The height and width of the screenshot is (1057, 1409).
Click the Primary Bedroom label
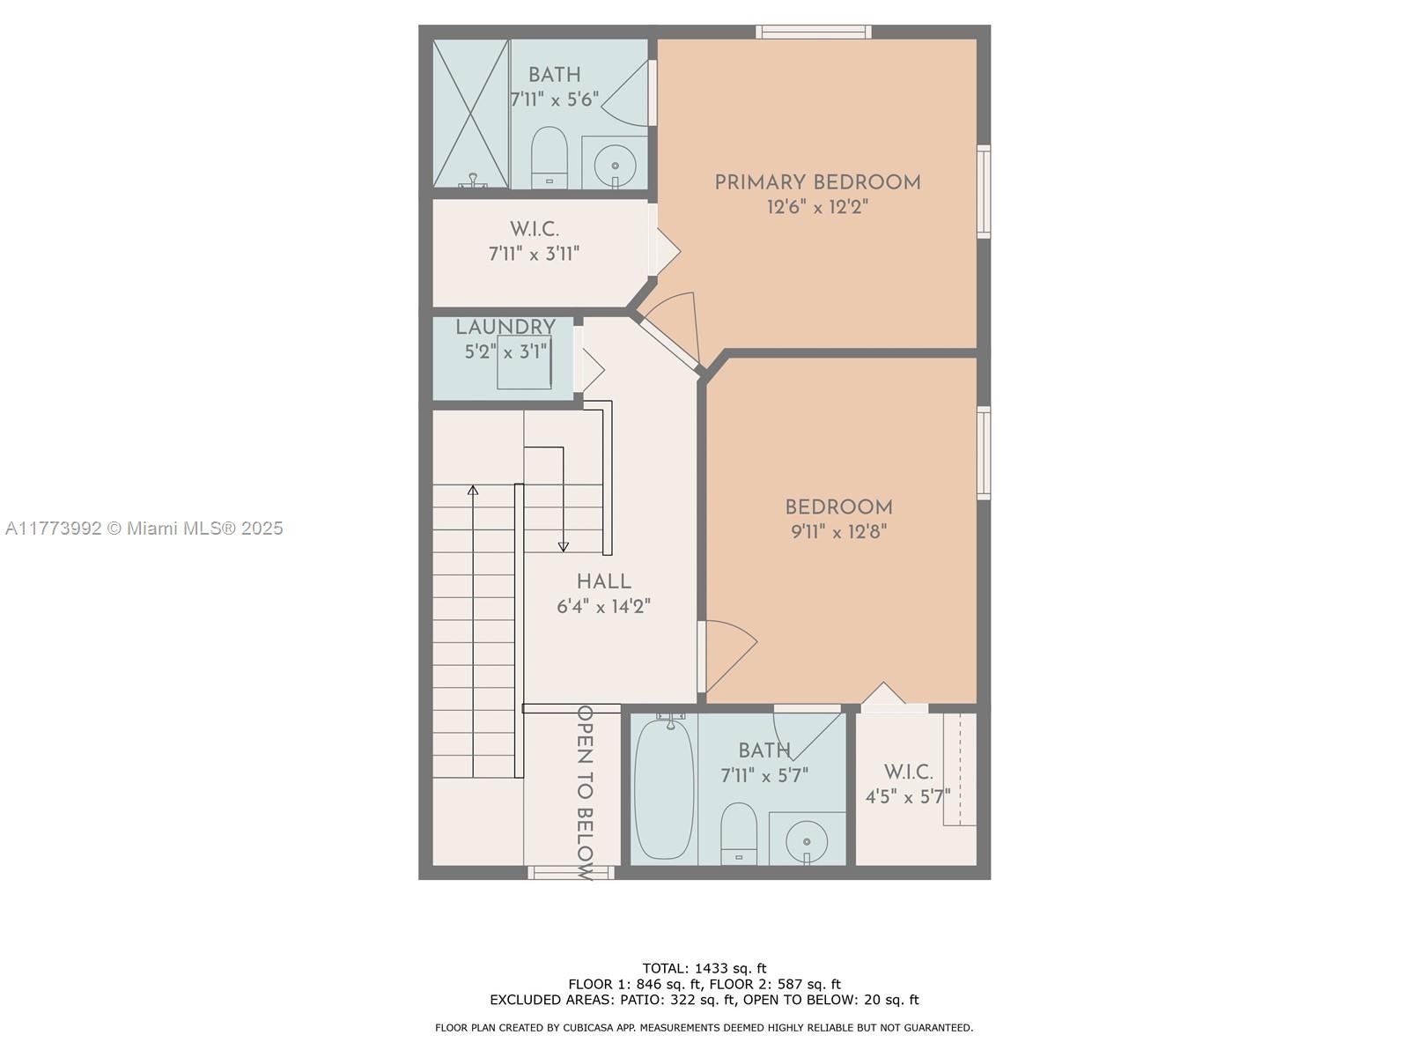click(817, 183)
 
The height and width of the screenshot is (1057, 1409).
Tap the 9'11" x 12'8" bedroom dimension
click(838, 532)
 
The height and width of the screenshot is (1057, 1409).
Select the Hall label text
click(603, 581)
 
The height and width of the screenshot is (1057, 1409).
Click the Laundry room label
click(505, 328)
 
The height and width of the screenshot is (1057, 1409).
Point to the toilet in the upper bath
click(550, 158)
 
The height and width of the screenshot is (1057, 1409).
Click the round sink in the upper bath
click(615, 166)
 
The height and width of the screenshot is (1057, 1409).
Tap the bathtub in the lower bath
click(664, 788)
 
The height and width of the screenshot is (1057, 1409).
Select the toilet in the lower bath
click(739, 833)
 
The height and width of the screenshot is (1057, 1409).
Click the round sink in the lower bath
click(807, 841)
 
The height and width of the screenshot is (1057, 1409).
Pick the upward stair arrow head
click(473, 491)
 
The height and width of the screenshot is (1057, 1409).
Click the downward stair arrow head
click(563, 547)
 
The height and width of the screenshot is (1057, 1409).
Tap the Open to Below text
click(585, 794)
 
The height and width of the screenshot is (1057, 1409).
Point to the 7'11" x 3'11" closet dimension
click(534, 255)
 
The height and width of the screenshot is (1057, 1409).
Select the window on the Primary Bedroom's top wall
click(814, 32)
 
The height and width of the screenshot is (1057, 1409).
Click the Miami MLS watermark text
click(144, 528)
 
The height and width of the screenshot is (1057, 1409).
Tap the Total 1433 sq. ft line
click(704, 968)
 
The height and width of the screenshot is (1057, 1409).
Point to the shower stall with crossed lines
click(470, 115)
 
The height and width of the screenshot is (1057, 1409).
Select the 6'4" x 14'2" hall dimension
click(603, 607)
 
